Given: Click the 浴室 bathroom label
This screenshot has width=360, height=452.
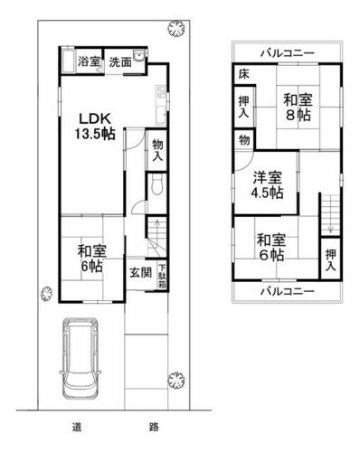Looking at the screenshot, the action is click(89, 61).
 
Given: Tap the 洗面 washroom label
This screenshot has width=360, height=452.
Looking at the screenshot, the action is click(120, 62).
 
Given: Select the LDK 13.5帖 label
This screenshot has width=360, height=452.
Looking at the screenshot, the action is click(95, 127).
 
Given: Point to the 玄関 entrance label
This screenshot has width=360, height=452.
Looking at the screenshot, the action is click(141, 273).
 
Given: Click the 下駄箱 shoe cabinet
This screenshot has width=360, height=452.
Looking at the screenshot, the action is click(162, 276).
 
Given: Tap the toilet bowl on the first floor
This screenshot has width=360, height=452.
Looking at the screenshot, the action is click(156, 184).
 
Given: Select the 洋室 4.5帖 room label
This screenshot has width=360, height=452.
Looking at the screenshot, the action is click(268, 185).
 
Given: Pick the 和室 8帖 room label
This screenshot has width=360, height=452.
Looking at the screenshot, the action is click(298, 108).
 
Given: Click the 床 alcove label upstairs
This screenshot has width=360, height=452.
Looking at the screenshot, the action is click(243, 74).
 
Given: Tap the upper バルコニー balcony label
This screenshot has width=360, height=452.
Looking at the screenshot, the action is click(288, 53).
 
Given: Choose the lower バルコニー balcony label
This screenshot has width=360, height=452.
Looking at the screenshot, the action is click(288, 291).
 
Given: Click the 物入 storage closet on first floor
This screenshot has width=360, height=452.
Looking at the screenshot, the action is click(157, 150).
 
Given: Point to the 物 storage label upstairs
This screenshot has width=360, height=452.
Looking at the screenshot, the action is click(244, 140).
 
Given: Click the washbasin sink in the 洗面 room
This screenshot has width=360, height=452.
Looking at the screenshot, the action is click(139, 56).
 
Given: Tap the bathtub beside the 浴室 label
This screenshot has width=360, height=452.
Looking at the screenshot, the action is click(69, 61).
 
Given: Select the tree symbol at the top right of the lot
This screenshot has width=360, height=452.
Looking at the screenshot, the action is click(176, 29).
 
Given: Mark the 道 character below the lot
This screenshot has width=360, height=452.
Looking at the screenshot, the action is click(77, 427).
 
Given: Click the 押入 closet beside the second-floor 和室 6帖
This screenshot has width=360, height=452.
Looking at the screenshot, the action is click(330, 259).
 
